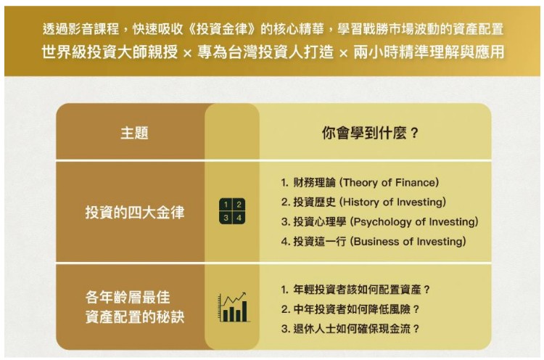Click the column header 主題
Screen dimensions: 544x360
(x=134, y=133)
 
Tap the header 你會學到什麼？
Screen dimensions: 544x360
(x=370, y=133)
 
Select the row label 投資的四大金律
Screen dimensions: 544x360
(x=135, y=213)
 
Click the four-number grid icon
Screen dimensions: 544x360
(x=232, y=211)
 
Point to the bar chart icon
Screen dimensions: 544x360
(x=233, y=307)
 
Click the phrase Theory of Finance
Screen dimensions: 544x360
(x=390, y=183)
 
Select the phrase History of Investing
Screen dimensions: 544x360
(x=392, y=202)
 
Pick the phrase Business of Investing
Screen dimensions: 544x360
(x=408, y=241)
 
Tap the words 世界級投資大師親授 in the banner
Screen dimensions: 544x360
(x=110, y=52)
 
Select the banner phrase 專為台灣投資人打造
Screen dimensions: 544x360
(x=265, y=52)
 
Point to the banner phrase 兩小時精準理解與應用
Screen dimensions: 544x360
(x=429, y=52)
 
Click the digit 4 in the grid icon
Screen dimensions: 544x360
(x=239, y=218)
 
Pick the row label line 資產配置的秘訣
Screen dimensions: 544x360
(x=135, y=317)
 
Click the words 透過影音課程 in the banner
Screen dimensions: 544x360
(x=81, y=29)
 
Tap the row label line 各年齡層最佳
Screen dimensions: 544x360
(x=128, y=298)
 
